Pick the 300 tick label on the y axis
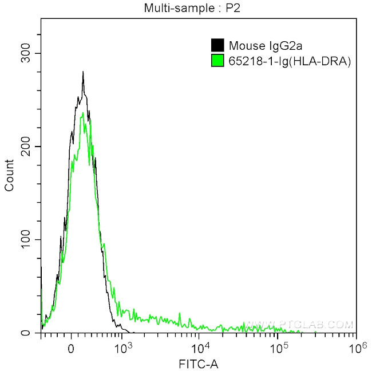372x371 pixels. click(x=26, y=53)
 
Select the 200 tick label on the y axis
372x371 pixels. click(x=26, y=147)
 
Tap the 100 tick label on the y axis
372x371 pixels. click(x=26, y=239)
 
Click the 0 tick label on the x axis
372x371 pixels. click(x=71, y=346)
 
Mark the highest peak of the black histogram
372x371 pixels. click(x=83, y=72)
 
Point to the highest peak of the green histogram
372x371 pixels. click(x=84, y=113)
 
